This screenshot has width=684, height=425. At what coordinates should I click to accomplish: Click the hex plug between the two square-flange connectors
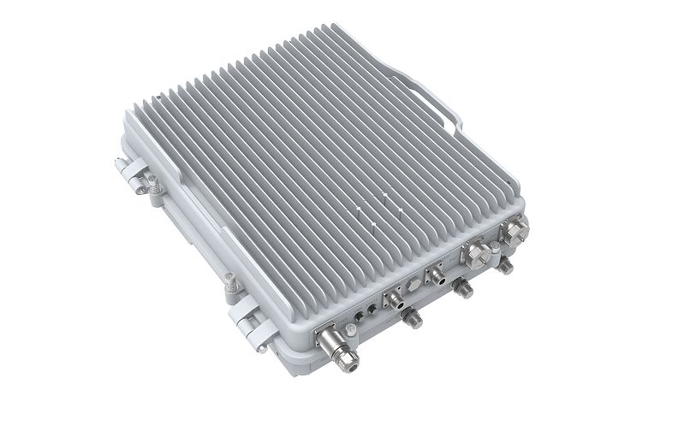tap(413, 282)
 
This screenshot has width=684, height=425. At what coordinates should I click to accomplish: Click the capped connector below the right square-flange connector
tap(465, 291)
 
